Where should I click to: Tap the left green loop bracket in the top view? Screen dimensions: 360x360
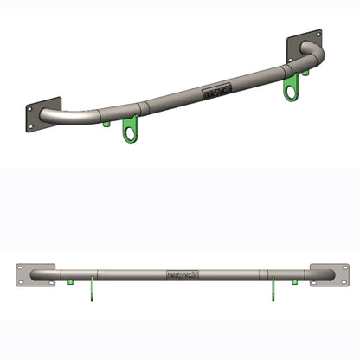131,130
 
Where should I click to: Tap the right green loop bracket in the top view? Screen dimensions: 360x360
292,86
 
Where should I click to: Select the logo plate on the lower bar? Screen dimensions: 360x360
183,275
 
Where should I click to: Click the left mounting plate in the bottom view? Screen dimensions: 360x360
35,275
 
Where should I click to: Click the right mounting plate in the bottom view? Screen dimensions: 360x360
329,274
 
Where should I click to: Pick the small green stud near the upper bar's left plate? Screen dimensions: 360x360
106,123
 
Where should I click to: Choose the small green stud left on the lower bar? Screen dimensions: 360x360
68,282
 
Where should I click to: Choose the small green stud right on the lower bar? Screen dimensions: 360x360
294,282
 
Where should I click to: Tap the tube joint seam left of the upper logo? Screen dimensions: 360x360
145,107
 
